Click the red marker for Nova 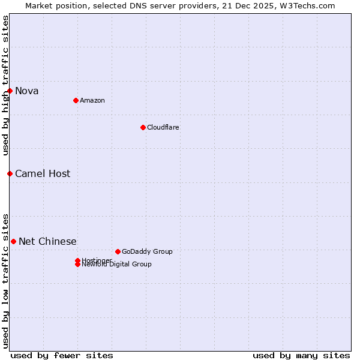pos(10,91)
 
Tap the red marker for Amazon pos(76,100)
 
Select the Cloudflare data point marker pos(143,127)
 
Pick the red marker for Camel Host pos(10,173)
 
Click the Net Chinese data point pos(13,241)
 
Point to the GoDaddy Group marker pos(118,251)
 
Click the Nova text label pos(27,91)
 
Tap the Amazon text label pos(92,100)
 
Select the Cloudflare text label pos(163,127)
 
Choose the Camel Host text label pos(43,173)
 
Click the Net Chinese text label pos(47,241)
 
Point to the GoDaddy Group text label pos(147,251)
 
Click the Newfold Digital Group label pos(116,265)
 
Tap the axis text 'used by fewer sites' pos(61,355)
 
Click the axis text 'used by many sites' pos(301,355)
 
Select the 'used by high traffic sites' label pos(5,85)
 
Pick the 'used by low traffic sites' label pos(5,280)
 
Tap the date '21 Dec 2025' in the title pos(256,5)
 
